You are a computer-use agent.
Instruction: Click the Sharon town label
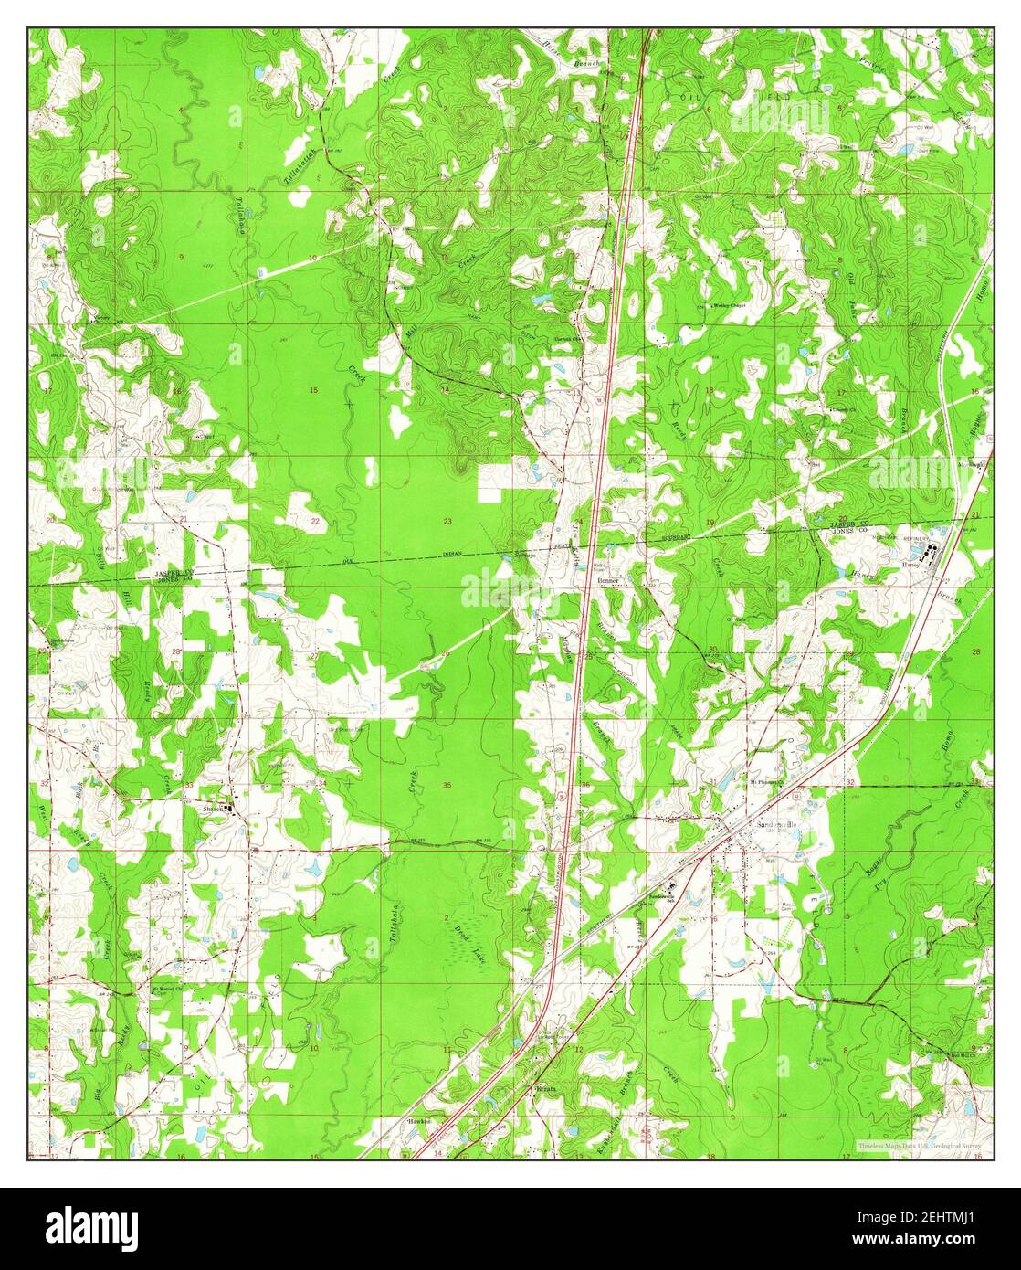click(212, 808)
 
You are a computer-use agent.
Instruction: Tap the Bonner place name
click(607, 581)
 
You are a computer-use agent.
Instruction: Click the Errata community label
click(545, 1090)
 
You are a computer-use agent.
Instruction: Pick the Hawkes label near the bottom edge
click(418, 1120)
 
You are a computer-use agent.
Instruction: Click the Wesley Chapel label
click(729, 305)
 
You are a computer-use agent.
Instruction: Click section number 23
click(447, 521)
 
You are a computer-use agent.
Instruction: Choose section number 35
click(447, 785)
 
